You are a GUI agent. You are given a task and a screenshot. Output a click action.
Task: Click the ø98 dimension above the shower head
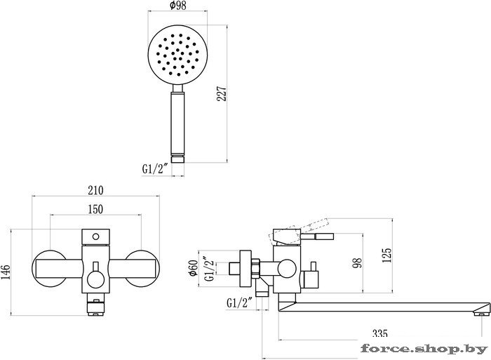click(x=177, y=6)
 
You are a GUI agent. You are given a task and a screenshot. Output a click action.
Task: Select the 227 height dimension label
click(x=222, y=93)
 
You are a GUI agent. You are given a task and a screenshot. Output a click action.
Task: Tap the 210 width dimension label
click(x=95, y=190)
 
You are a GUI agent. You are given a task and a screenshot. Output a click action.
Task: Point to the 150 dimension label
click(x=95, y=209)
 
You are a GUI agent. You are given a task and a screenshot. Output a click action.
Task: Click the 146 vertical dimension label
click(x=6, y=272)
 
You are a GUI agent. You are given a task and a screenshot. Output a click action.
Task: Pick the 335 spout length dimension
click(x=380, y=333)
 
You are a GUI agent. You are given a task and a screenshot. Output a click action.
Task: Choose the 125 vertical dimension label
click(x=387, y=255)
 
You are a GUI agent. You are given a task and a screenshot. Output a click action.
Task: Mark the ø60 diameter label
click(x=193, y=268)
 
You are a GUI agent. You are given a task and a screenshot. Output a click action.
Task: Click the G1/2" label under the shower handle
click(x=155, y=169)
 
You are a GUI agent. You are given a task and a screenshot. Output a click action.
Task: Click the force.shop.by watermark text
click(x=424, y=348)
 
